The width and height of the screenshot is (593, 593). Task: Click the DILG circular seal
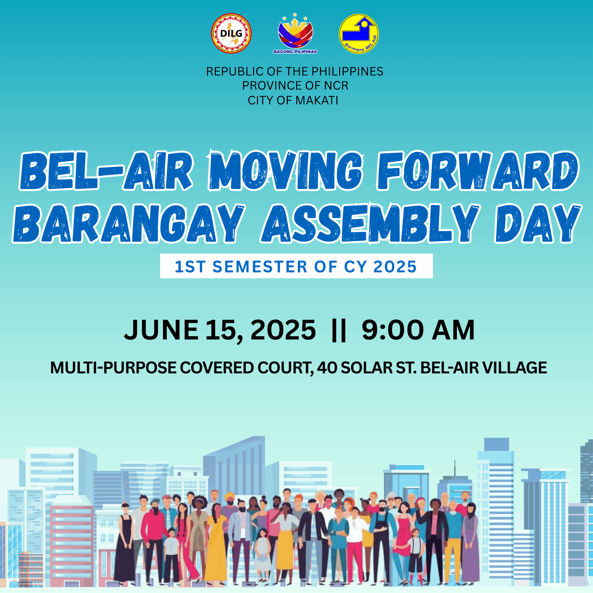(x=231, y=33)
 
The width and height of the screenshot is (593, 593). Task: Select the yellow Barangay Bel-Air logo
(x=359, y=33)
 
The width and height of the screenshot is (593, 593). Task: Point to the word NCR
(x=336, y=86)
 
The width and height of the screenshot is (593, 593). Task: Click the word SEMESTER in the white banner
(x=260, y=266)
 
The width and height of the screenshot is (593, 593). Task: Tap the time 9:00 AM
(x=418, y=330)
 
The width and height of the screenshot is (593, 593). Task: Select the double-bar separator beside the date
(x=339, y=331)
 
